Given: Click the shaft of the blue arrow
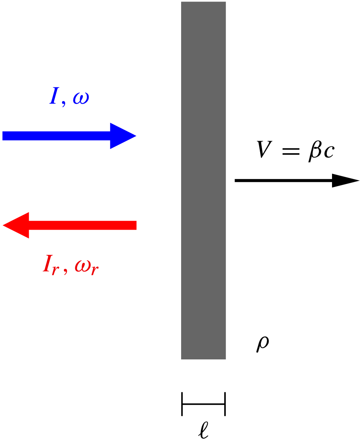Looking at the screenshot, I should tap(57, 136).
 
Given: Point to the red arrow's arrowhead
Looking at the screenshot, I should tap(17, 225).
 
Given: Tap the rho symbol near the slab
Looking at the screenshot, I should tap(262, 344).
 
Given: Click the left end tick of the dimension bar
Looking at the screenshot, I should tap(182, 404).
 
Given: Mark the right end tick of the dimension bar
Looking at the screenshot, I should tap(225, 404).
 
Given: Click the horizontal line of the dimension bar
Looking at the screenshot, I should tap(203, 404).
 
